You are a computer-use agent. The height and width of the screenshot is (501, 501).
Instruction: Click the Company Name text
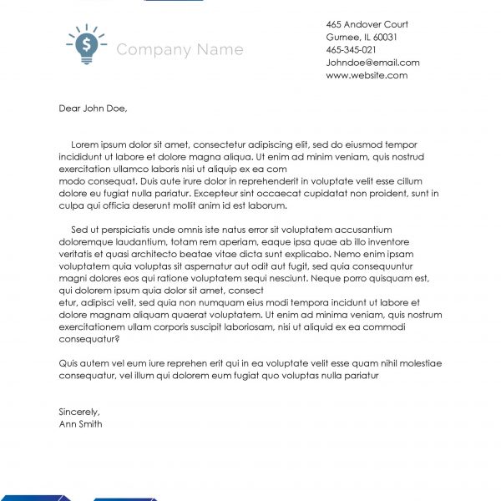(180, 50)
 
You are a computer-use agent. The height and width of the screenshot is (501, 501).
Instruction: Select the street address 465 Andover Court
(367, 23)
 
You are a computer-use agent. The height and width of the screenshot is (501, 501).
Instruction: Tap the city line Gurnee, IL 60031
(361, 37)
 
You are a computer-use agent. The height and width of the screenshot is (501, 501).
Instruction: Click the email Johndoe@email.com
(372, 63)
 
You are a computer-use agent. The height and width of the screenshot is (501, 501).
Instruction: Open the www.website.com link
(367, 75)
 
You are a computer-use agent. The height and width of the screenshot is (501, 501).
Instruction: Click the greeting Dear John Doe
(94, 108)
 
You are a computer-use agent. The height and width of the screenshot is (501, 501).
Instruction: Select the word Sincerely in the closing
(79, 412)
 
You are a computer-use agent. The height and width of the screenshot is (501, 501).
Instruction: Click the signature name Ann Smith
(81, 423)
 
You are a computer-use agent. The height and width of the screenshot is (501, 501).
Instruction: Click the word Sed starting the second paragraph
(80, 230)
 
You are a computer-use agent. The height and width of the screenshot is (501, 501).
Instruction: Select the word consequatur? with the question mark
(89, 340)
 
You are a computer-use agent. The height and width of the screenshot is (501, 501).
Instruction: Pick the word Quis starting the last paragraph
(69, 364)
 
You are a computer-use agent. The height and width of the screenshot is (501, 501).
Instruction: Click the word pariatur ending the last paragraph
(362, 376)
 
